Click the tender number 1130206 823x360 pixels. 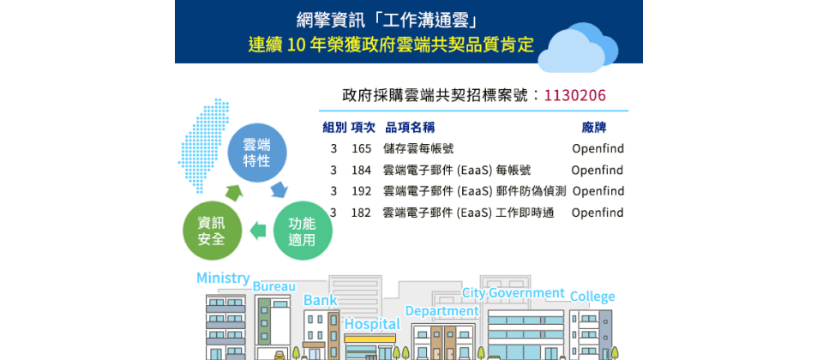[x=574, y=95]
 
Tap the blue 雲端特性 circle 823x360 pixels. [x=256, y=153]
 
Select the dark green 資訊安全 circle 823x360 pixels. [x=212, y=231]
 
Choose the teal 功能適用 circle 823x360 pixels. [x=303, y=231]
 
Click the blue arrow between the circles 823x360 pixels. [x=279, y=189]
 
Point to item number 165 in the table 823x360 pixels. [x=361, y=148]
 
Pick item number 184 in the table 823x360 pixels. [x=361, y=170]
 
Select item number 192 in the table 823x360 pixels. [x=361, y=191]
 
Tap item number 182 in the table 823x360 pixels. [x=361, y=213]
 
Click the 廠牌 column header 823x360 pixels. [x=593, y=128]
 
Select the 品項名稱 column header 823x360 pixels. [x=410, y=128]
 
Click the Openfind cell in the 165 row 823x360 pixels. [x=598, y=148]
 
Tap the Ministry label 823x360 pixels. [x=223, y=278]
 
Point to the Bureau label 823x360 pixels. [x=274, y=286]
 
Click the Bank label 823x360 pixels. [x=320, y=300]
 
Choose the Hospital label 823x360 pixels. [x=372, y=324]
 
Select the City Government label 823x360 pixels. [x=513, y=293]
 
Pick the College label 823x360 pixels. [x=592, y=297]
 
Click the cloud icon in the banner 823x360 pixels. [x=577, y=47]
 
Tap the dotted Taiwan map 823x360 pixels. [x=206, y=144]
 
